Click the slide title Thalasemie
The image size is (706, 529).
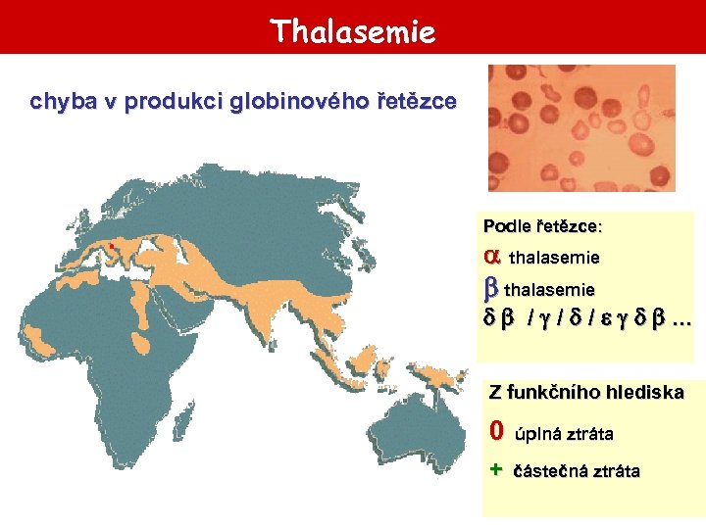(x=353, y=31)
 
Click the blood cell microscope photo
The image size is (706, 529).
(x=581, y=128)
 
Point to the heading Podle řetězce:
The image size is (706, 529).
(x=543, y=226)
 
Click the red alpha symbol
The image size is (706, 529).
(x=492, y=256)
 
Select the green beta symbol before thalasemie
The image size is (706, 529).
(x=491, y=289)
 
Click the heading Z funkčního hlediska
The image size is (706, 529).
(x=586, y=393)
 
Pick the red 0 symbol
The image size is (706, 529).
(x=497, y=431)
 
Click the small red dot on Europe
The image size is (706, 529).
(x=112, y=245)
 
